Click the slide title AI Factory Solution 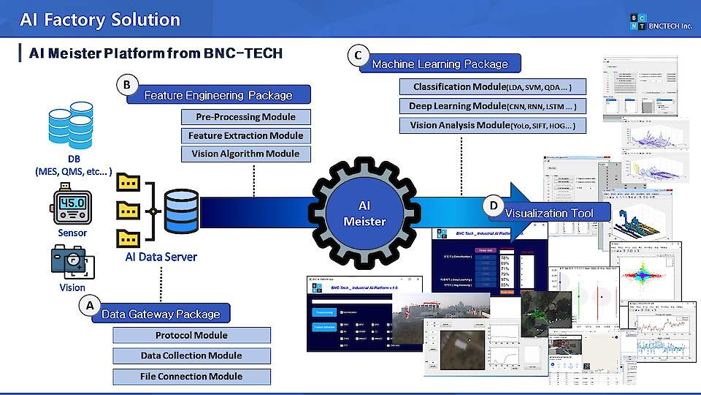pyautogui.click(x=100, y=20)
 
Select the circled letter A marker pyautogui.click(x=89, y=306)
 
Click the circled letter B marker pyautogui.click(x=126, y=86)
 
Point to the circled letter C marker pyautogui.click(x=357, y=56)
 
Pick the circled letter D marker pyautogui.click(x=494, y=207)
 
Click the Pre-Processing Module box pyautogui.click(x=245, y=117)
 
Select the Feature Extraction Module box pyautogui.click(x=245, y=135)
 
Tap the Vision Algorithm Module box pyautogui.click(x=245, y=154)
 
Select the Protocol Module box pyautogui.click(x=191, y=336)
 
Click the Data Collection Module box pyautogui.click(x=191, y=355)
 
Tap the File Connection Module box pyautogui.click(x=191, y=376)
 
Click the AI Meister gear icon pyautogui.click(x=364, y=212)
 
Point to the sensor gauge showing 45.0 pyautogui.click(x=72, y=203)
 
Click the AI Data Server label pyautogui.click(x=161, y=257)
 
